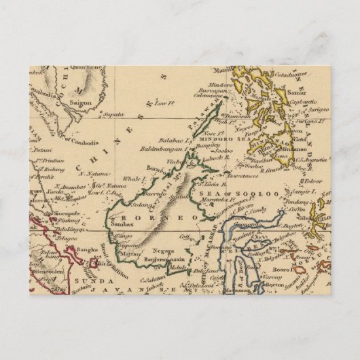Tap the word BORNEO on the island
click(x=162, y=215)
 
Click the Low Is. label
click(x=162, y=103)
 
